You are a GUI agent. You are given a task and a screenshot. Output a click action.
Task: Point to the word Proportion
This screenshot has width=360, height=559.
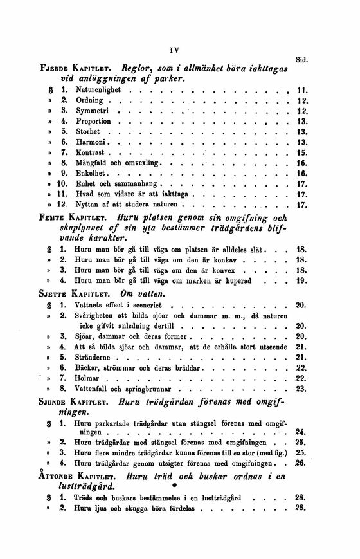(93, 121)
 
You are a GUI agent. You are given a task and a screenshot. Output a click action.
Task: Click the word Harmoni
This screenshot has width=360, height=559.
(91, 142)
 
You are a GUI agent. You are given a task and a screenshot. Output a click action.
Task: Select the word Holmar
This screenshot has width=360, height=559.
(88, 378)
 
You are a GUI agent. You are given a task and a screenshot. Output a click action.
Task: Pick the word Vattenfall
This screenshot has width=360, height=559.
(94, 389)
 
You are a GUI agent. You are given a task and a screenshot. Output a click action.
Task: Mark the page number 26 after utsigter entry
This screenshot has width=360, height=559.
(300, 463)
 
